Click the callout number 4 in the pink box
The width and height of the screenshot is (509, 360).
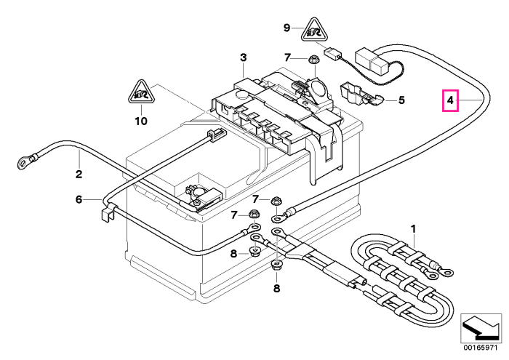click(450, 100)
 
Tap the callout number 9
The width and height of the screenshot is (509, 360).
click(286, 28)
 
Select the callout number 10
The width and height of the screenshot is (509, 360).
click(141, 121)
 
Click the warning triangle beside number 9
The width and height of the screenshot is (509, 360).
click(314, 31)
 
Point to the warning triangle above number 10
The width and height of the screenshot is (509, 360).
click(141, 92)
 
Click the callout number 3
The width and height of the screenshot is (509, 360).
click(244, 57)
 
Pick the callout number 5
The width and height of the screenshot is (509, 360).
click(401, 100)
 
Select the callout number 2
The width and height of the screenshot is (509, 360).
click(79, 174)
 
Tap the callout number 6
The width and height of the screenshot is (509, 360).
click(79, 199)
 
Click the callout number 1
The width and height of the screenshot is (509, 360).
click(413, 229)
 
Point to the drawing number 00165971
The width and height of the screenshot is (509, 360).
click(481, 348)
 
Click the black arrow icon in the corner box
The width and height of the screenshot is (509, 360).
click(481, 328)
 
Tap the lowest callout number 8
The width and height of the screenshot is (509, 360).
click(276, 288)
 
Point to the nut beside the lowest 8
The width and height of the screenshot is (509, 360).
click(276, 266)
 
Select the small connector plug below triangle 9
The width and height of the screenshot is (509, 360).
click(332, 53)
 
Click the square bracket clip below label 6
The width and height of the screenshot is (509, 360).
click(107, 214)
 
